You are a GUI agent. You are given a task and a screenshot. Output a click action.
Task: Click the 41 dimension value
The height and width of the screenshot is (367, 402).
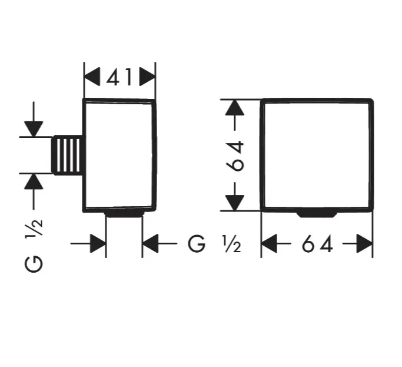pos(119,77)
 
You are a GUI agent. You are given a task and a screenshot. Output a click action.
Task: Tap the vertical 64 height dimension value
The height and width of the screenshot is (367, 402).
pos(235,156)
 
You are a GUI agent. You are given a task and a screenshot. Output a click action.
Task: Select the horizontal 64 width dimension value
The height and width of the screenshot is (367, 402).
pos(317,243)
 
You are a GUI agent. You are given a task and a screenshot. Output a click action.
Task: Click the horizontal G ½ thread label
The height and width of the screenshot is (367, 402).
pos(214,244)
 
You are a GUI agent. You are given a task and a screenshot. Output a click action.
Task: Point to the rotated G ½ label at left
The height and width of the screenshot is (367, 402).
pos(34,246)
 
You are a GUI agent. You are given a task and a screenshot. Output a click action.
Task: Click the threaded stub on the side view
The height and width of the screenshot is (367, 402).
pos(68,155)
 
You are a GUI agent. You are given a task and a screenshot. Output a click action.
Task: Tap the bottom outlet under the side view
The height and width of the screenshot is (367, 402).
pos(124,213)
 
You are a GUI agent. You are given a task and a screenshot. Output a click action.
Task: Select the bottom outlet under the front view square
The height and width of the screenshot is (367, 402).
pos(317,214)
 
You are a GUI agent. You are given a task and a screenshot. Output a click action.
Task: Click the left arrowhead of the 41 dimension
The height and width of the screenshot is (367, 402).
pos(92,77)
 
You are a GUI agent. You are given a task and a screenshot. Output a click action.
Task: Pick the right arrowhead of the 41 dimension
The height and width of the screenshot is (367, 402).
pos(147,77)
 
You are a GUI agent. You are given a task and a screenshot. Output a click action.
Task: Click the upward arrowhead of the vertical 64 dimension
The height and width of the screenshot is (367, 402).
pos(235,107)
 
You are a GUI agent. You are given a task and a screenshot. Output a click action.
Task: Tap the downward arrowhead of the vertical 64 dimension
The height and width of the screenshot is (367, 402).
pos(235,203)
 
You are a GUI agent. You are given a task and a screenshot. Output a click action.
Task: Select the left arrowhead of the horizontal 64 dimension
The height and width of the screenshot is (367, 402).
pos(269,243)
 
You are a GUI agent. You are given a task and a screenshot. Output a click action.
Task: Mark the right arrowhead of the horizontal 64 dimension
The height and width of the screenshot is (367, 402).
pos(364,243)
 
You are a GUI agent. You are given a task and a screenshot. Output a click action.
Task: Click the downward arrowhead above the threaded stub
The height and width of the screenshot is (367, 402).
pos(34,129)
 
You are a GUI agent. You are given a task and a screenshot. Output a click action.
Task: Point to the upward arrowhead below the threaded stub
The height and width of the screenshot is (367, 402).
pos(34,181)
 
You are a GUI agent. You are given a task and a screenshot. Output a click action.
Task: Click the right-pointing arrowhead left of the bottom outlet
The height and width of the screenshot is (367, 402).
pos(98,243)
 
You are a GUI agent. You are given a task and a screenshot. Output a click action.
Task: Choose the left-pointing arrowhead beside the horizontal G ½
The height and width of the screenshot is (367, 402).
pos(150,243)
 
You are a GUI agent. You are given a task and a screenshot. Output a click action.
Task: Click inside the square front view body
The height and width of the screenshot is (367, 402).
pos(317,155)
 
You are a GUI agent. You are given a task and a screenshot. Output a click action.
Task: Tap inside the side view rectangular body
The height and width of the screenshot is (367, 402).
pos(119,155)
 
